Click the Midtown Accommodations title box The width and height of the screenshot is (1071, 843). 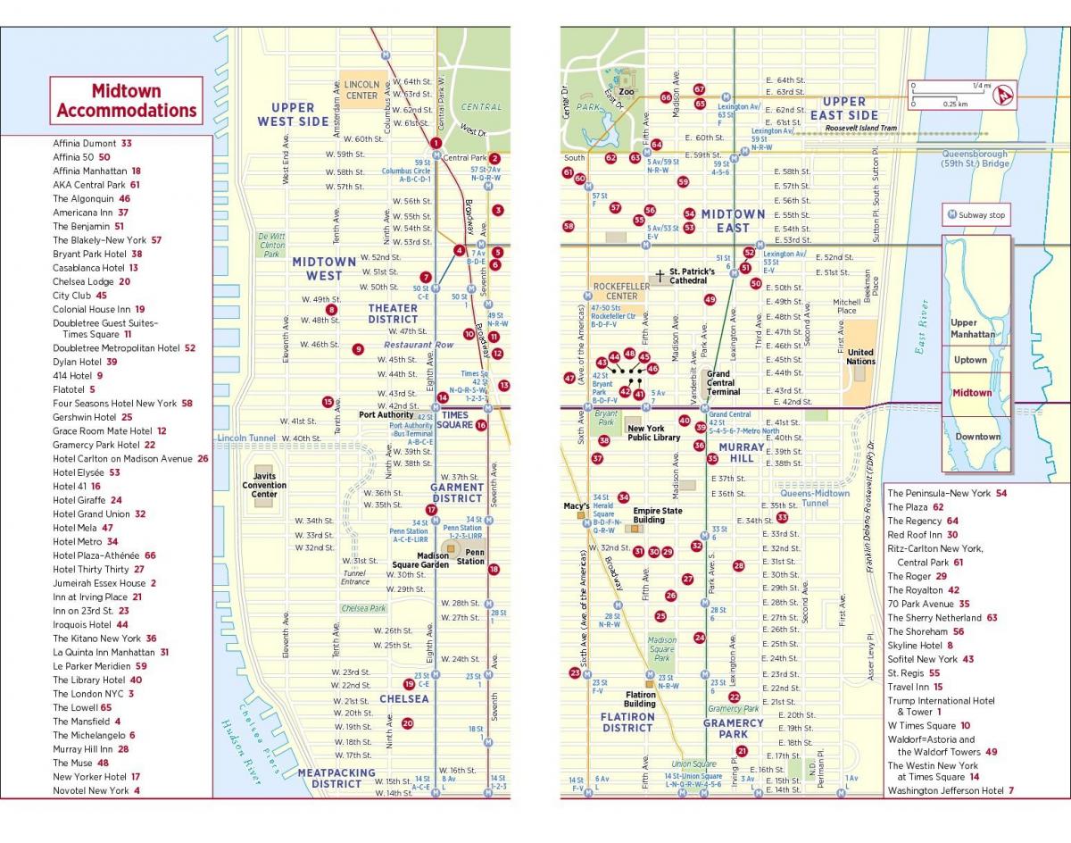(x=126, y=101)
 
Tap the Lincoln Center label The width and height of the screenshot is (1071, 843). (x=361, y=89)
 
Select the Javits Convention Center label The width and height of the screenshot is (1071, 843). (x=264, y=486)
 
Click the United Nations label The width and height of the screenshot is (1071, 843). (x=860, y=356)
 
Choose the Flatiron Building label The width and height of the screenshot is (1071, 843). (x=640, y=699)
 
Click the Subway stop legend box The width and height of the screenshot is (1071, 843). (x=976, y=215)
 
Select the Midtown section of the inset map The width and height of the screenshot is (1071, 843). (x=972, y=393)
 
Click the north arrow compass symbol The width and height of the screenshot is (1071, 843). (x=1007, y=92)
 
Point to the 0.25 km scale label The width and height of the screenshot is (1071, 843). (x=955, y=104)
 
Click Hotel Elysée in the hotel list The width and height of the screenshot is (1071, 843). (x=86, y=472)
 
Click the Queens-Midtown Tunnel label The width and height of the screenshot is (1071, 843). (x=815, y=498)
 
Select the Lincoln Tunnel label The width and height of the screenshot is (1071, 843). (x=244, y=438)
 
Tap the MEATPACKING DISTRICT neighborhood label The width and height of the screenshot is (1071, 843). (x=336, y=779)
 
